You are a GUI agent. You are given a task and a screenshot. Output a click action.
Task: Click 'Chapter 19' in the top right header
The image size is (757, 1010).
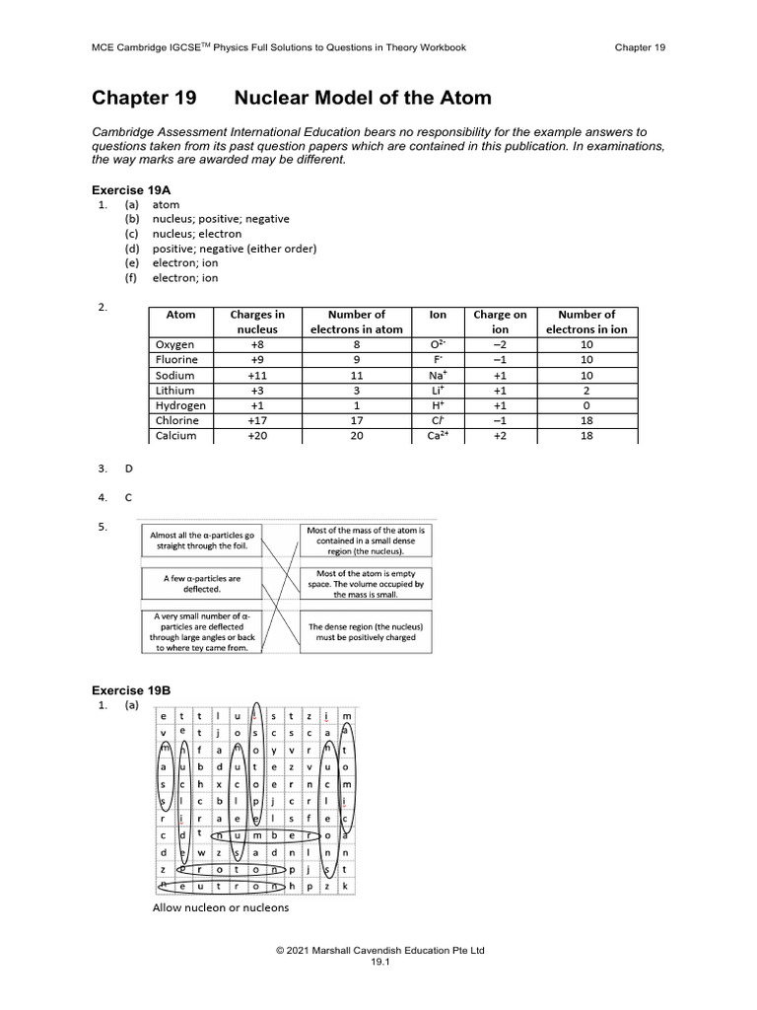(640, 47)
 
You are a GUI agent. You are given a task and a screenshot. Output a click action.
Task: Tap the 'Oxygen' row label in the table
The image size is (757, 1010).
(175, 344)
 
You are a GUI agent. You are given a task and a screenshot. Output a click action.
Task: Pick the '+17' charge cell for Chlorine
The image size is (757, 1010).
(257, 420)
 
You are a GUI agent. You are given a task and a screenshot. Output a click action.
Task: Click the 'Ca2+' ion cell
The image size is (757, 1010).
(439, 435)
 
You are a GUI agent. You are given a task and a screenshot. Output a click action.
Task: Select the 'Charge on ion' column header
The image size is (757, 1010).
(500, 322)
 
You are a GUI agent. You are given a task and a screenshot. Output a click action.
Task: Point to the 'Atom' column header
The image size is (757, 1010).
(181, 315)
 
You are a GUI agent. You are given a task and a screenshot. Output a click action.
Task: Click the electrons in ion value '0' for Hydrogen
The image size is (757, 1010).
(586, 405)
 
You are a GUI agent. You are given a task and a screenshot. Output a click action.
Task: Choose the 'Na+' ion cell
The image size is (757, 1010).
(439, 375)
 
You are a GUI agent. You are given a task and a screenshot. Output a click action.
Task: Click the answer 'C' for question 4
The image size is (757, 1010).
(129, 497)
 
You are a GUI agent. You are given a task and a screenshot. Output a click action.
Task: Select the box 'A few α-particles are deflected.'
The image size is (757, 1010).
(201, 584)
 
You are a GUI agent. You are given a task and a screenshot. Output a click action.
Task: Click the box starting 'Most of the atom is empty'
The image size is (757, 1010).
(366, 584)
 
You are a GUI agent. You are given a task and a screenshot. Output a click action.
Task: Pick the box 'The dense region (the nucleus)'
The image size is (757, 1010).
(366, 631)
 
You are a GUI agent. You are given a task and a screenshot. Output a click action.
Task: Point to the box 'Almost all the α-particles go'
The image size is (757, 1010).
(201, 540)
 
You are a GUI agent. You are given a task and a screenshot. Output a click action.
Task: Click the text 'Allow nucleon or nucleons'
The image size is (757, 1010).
(221, 907)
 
